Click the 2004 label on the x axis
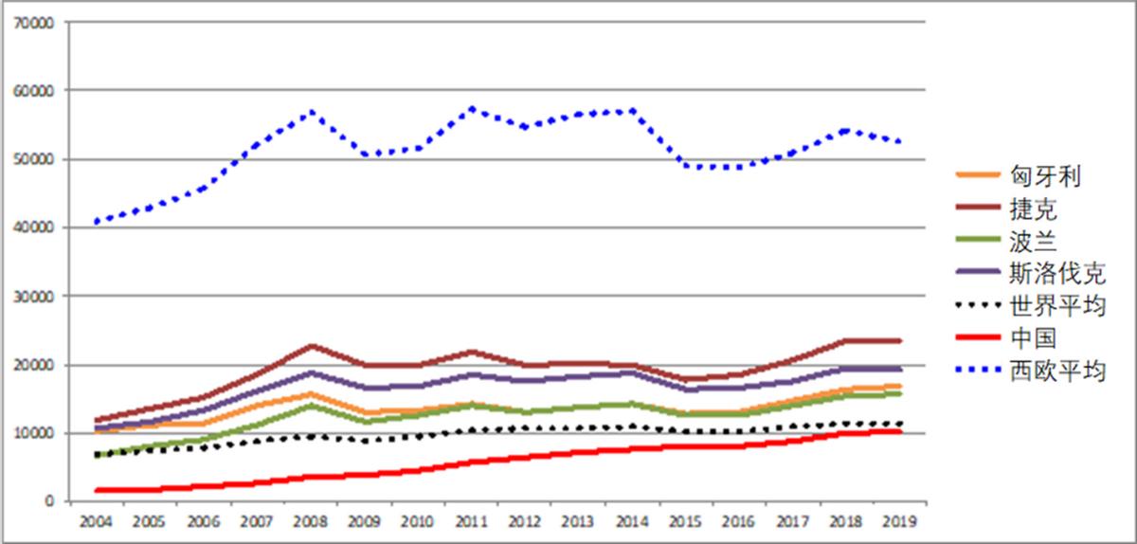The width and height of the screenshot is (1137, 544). click(95, 522)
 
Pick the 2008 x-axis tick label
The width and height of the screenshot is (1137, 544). click(310, 522)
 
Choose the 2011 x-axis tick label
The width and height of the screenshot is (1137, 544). click(472, 522)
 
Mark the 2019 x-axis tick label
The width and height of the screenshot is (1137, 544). click(898, 522)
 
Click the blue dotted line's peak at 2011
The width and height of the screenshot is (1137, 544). click(472, 108)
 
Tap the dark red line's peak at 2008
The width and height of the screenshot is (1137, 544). click(311, 346)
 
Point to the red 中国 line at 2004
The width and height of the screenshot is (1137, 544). click(96, 490)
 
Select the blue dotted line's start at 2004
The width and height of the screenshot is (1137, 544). click(96, 222)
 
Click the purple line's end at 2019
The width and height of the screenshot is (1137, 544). click(898, 369)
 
